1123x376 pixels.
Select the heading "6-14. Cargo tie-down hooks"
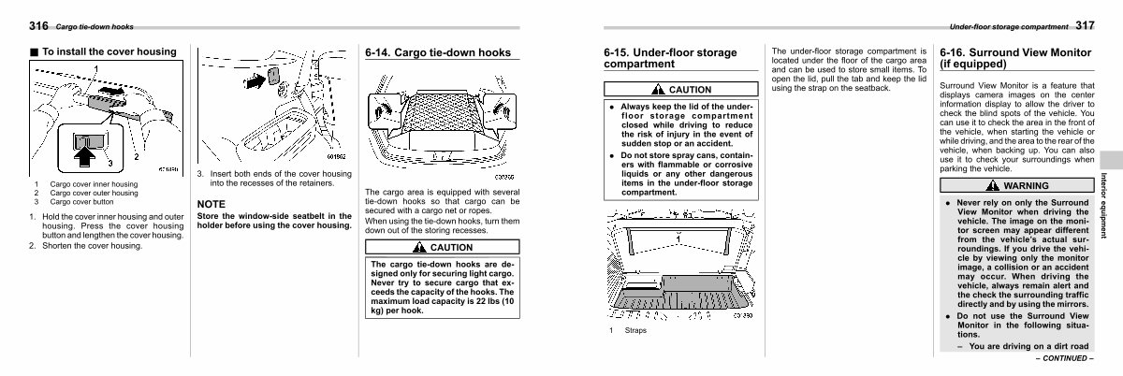click(438, 53)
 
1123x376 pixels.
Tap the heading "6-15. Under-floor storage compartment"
click(670, 58)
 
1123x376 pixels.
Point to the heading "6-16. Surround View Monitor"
click(1015, 58)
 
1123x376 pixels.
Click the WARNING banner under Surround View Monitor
click(1015, 186)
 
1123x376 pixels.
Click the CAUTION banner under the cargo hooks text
click(437, 247)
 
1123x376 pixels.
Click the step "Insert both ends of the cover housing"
click(273, 178)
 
